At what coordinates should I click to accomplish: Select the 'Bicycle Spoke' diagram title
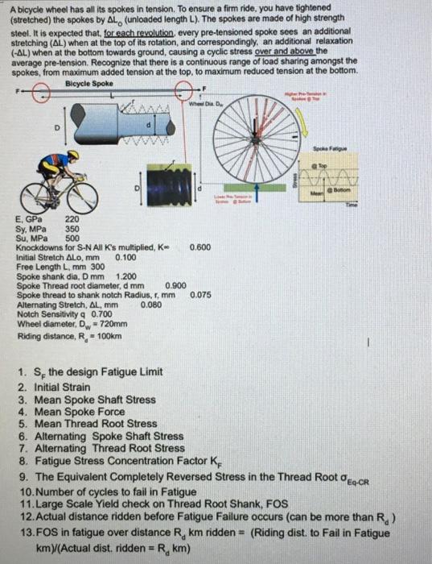(88, 83)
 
